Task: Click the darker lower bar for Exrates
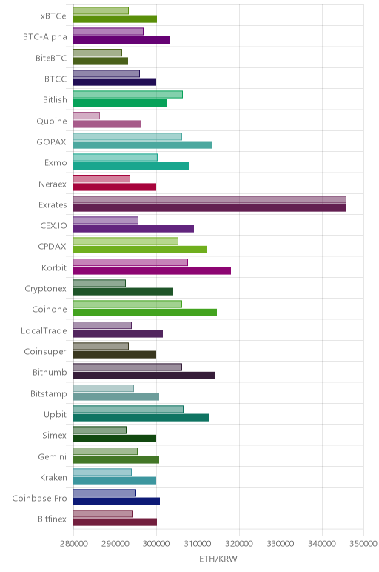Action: coord(209,208)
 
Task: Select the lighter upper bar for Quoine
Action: coord(87,116)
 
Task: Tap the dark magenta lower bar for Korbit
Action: coord(152,270)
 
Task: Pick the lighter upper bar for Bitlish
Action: coord(128,95)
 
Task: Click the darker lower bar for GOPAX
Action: coord(142,144)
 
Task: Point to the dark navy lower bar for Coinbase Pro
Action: coord(117,501)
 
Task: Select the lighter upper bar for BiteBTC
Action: coord(98,53)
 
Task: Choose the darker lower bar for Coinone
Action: coord(145,313)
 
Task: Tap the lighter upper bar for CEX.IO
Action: coord(106,220)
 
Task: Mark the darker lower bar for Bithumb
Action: coord(144,376)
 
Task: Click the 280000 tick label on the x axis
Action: coord(73,544)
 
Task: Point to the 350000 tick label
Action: coord(363,544)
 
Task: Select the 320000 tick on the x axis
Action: coord(239,544)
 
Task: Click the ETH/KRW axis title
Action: coord(218,559)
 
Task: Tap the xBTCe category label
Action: coord(53,16)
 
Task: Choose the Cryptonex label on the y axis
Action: coord(46,289)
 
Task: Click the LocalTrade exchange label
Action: coord(44,331)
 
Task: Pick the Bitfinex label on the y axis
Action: coord(52,519)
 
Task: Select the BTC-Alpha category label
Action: coord(45,37)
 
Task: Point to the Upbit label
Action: coord(55,415)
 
